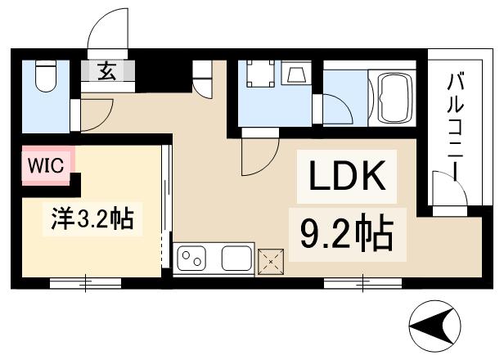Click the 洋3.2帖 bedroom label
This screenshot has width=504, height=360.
pos(88,219)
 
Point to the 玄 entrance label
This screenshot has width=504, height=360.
pos(108,70)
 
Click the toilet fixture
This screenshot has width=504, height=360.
pos(45,77)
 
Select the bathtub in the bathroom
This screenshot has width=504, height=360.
pos(393,97)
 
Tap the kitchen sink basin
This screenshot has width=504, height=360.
pos(235,259)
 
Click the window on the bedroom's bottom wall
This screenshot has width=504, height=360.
pos(85,283)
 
